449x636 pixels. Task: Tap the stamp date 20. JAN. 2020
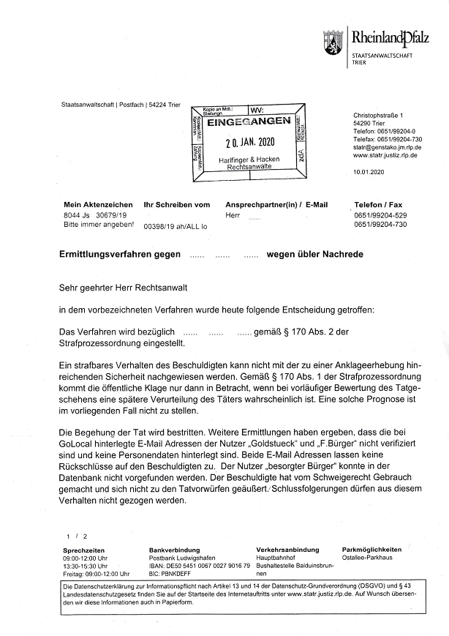249,142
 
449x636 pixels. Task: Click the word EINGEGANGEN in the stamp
249,122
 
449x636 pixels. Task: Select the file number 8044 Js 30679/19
97,216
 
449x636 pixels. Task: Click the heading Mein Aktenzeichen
98,204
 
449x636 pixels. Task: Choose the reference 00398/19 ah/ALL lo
176,228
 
